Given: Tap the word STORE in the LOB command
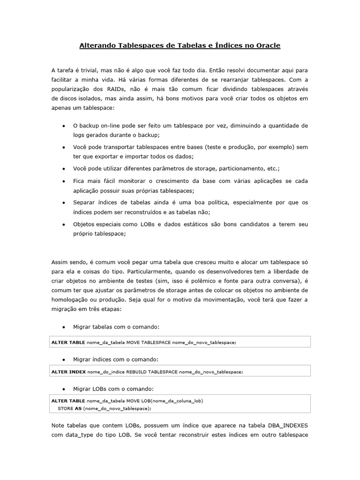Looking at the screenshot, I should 65,409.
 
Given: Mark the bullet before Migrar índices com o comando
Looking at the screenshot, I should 63,360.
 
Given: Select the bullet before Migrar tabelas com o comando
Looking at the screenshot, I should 63,327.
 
